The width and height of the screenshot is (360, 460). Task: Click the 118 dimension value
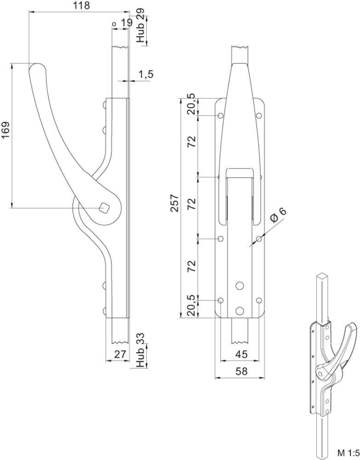(81, 5)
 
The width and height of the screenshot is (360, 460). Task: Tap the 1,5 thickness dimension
(146, 75)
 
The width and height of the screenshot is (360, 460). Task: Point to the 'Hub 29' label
(141, 26)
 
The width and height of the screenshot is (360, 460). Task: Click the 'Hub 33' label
(141, 350)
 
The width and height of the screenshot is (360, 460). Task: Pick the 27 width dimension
(120, 354)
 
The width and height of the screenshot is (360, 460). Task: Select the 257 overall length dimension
(174, 203)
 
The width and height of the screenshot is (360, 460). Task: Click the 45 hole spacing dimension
(241, 354)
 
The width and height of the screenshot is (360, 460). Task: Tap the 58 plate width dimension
(241, 371)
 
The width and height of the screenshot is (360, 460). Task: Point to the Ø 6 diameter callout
(277, 215)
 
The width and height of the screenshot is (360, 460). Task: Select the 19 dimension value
(126, 23)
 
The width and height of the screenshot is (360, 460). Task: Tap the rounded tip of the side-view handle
(37, 66)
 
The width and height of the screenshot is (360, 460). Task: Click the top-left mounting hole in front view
(221, 115)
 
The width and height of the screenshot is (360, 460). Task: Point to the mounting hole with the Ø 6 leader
(259, 239)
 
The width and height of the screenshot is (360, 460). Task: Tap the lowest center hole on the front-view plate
(240, 310)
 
